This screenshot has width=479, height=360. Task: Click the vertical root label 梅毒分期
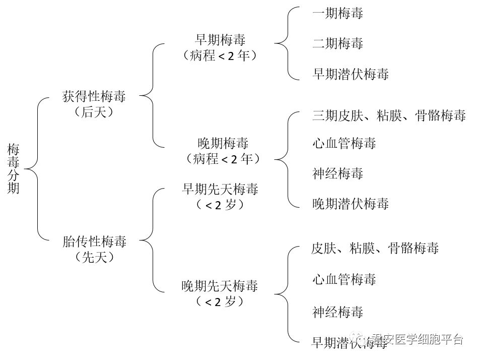pyautogui.click(x=14, y=168)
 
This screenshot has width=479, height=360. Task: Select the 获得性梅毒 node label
pyautogui.click(x=94, y=96)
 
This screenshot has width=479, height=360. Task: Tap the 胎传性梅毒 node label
pyautogui.click(x=94, y=241)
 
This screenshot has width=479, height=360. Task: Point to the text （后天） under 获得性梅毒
pyautogui.click(x=94, y=112)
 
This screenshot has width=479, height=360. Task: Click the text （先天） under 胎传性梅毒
pyautogui.click(x=94, y=257)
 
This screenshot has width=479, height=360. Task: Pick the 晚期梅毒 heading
pyautogui.click(x=223, y=143)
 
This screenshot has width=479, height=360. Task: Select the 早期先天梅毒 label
pyautogui.click(x=220, y=189)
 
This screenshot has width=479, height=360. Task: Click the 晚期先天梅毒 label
pyautogui.click(x=220, y=286)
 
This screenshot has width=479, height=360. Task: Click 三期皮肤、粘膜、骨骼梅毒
pyautogui.click(x=388, y=115)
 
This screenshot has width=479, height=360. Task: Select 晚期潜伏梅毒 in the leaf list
pyautogui.click(x=351, y=204)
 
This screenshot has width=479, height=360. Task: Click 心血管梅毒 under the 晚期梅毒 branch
pyautogui.click(x=344, y=143)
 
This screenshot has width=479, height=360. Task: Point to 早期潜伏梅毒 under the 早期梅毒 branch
pyautogui.click(x=351, y=74)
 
